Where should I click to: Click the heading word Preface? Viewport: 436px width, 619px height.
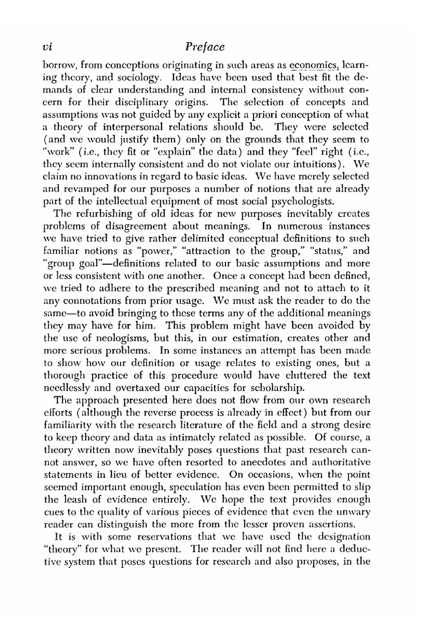click(x=204, y=47)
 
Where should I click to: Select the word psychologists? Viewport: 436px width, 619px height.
click(x=300, y=202)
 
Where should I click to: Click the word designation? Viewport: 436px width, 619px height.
click(x=339, y=536)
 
